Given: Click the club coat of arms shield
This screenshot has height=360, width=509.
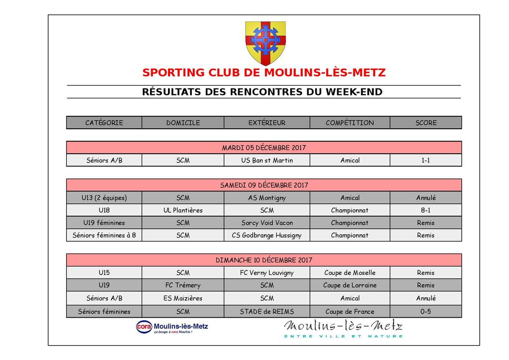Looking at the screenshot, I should tap(265, 42).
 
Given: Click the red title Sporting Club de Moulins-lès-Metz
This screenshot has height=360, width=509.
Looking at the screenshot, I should tap(263, 73).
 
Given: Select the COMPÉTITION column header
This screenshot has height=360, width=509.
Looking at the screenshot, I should tap(349, 123).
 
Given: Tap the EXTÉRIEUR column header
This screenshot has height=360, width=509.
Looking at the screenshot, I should tap(266, 123).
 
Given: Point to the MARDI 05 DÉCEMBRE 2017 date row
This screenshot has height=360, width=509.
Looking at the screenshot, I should tap(263, 148).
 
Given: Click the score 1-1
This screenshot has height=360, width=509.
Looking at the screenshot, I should tap(425, 160).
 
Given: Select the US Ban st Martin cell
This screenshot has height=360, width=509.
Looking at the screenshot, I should tap(266, 160).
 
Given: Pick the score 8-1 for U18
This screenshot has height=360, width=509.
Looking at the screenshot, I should tap(425, 210).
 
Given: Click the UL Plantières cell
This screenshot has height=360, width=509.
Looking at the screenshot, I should tap(182, 210).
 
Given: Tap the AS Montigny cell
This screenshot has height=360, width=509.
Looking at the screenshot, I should tap(266, 198).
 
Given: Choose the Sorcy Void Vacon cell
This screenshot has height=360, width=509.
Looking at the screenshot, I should tap(266, 223).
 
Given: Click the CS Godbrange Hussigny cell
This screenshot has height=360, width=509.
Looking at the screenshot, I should tap(266, 235).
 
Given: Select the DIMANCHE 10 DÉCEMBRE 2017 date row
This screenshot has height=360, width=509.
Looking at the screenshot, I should tap(263, 260).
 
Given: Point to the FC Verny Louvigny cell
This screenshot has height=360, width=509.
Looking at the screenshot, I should tap(266, 272).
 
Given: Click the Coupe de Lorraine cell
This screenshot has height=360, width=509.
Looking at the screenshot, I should tap(349, 285).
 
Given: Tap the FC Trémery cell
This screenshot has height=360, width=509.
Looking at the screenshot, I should tap(182, 285).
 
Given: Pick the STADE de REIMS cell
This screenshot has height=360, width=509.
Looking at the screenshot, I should tap(266, 312).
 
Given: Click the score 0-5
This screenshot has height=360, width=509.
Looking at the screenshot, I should tap(425, 312).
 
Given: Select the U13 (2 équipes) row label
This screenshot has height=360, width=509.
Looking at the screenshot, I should tap(104, 198).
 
